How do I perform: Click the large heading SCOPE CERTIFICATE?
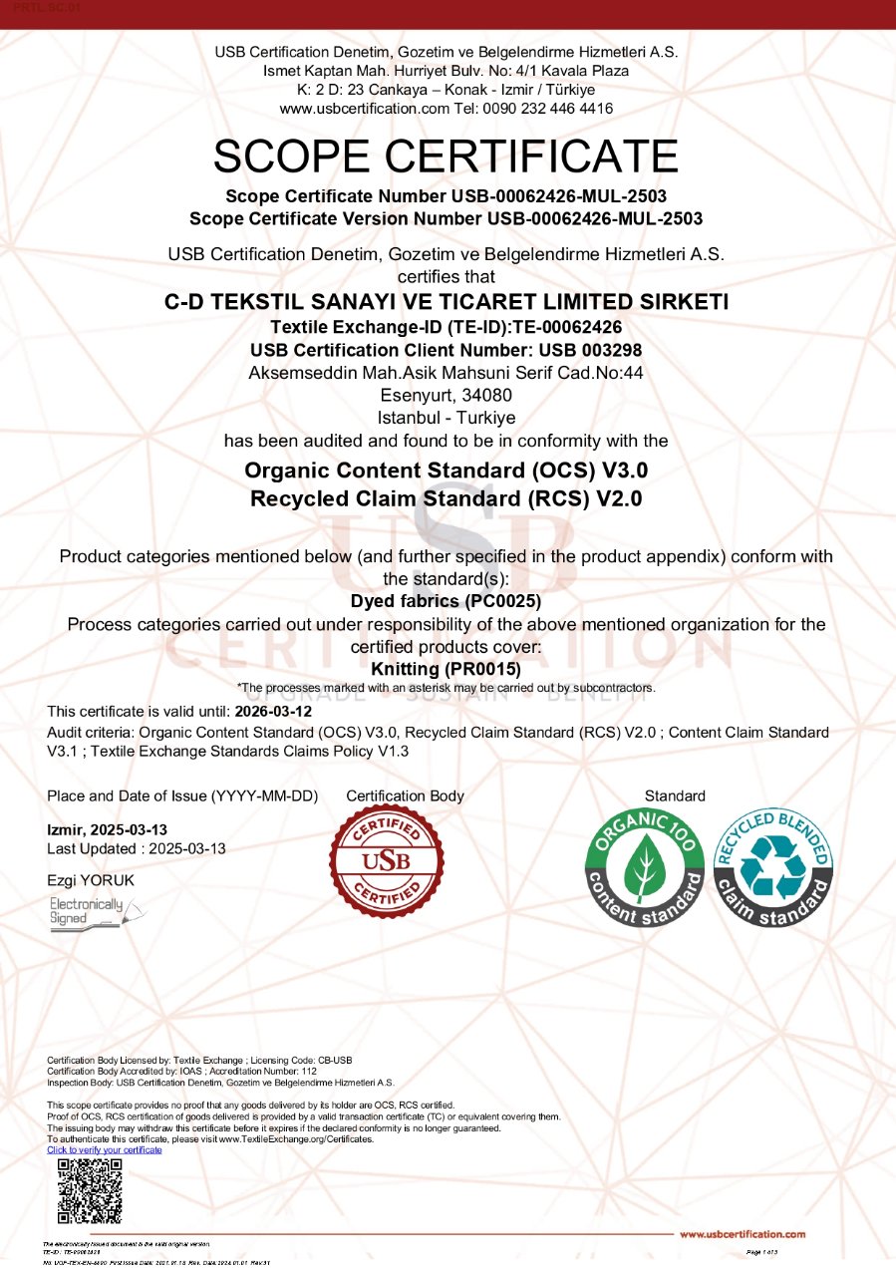click(446, 157)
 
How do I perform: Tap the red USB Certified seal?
click(386, 861)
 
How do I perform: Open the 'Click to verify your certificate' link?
click(105, 1149)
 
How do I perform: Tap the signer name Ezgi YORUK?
click(91, 880)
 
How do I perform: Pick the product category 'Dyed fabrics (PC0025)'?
click(446, 601)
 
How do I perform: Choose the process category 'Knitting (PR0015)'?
click(446, 670)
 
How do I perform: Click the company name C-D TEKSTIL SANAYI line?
click(446, 302)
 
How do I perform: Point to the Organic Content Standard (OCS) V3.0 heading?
click(446, 471)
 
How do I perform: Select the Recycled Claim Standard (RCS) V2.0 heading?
click(446, 498)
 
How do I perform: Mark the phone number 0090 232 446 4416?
click(552, 108)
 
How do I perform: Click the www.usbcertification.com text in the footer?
click(743, 1234)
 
